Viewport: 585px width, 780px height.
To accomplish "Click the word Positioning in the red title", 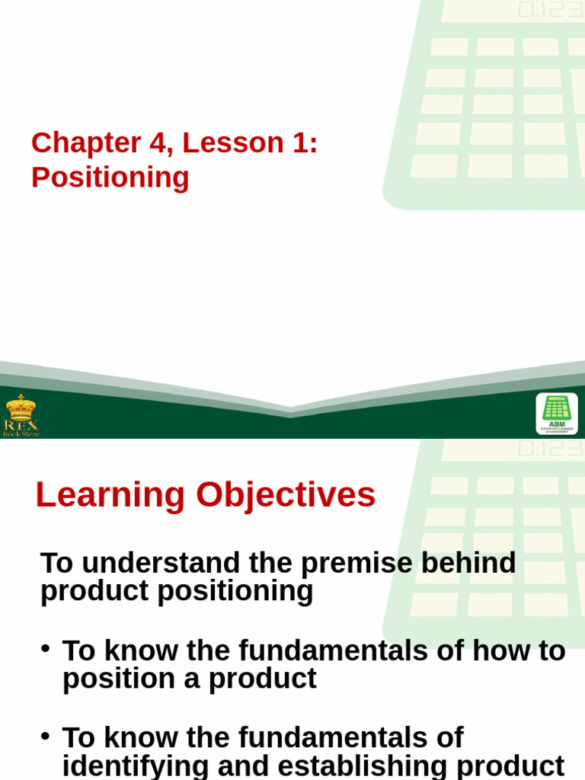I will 110,177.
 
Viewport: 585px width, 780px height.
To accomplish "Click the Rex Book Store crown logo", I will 21,414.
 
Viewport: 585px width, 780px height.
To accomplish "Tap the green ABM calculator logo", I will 557,413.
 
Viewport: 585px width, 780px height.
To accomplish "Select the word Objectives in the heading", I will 286,496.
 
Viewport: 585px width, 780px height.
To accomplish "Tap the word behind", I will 469,564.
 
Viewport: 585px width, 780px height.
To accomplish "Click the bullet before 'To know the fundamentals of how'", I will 46,648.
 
